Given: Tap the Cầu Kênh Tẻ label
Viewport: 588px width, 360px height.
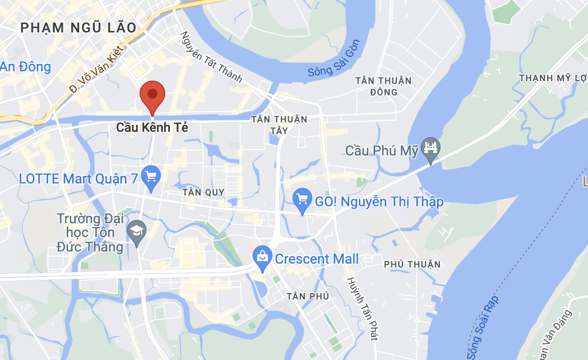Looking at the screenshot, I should click(x=152, y=128).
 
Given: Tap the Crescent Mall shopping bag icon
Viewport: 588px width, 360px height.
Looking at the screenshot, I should click(x=263, y=258).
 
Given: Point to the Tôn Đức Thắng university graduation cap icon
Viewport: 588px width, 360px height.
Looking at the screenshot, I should click(x=136, y=231).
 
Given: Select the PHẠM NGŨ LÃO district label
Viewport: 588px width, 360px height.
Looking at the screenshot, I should click(x=78, y=28).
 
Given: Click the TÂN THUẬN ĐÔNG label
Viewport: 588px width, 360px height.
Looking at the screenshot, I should click(x=383, y=86).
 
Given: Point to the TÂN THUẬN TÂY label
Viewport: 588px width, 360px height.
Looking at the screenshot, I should click(x=279, y=124).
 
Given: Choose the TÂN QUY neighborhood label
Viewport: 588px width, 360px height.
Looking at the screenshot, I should click(x=203, y=192).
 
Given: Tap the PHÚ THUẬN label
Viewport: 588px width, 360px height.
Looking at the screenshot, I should click(x=412, y=265).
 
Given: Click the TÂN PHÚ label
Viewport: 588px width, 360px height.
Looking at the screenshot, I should click(x=308, y=296).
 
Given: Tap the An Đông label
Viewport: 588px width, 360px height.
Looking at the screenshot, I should click(x=26, y=67).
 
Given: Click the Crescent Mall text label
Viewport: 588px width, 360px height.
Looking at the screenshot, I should click(x=317, y=259).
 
